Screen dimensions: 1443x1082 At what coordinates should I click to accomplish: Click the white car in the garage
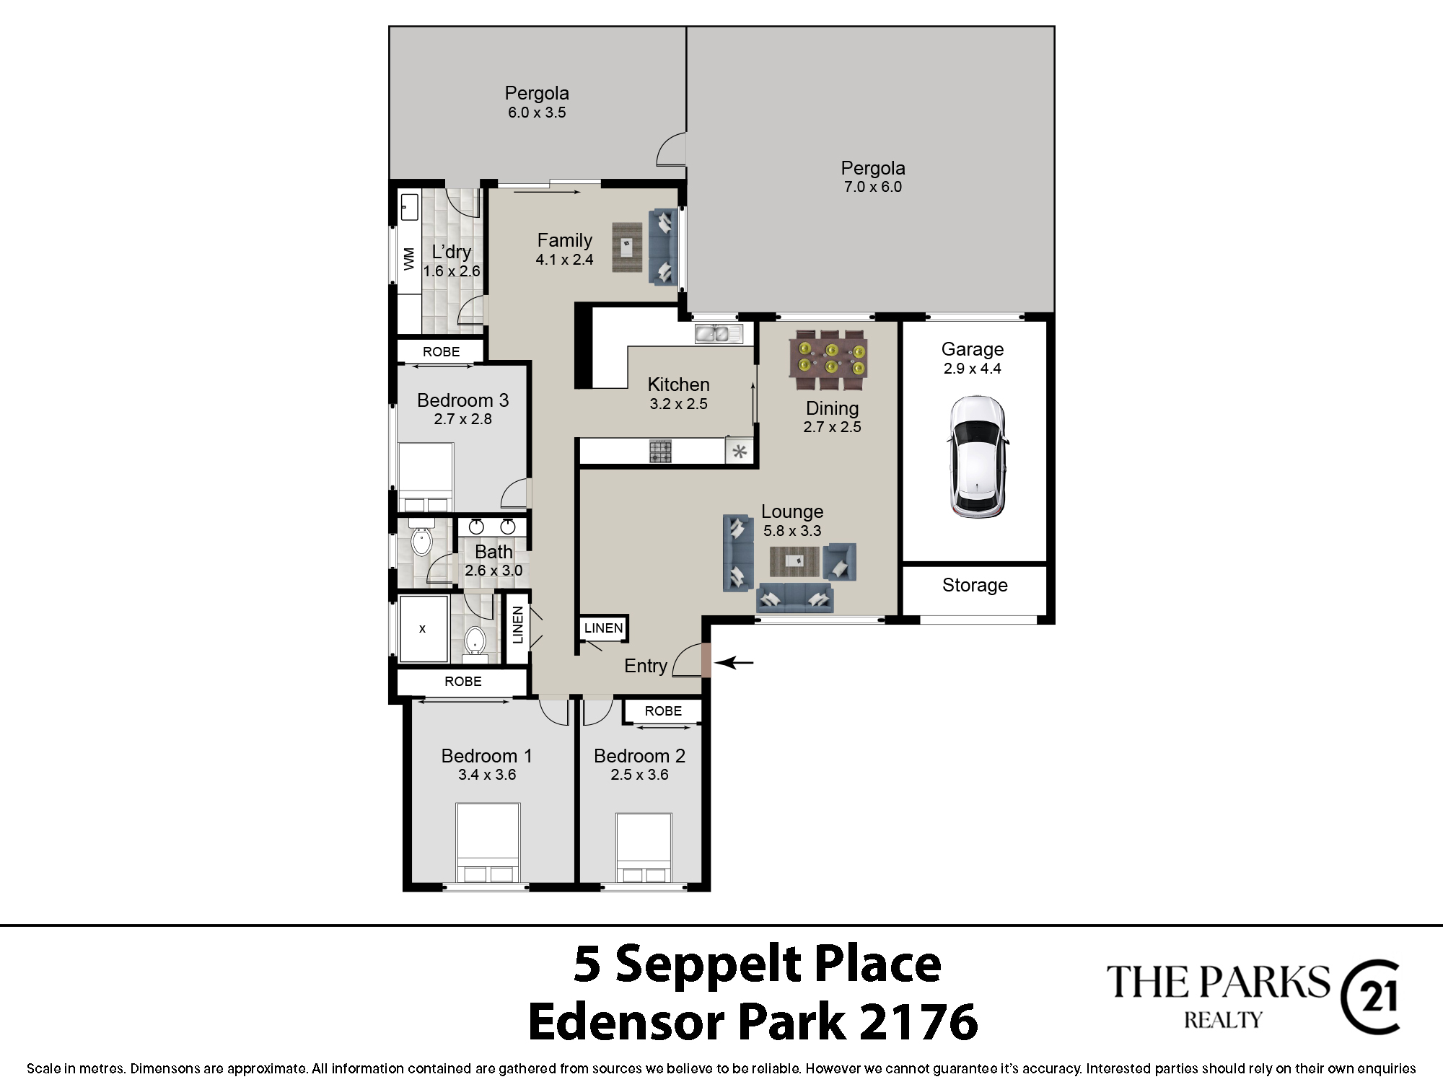click(978, 457)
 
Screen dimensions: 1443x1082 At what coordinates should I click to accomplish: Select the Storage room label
click(975, 585)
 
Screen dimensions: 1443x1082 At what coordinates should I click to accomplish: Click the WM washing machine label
click(409, 258)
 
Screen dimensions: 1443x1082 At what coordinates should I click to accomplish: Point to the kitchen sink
click(719, 333)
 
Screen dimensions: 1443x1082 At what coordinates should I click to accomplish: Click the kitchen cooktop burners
click(660, 452)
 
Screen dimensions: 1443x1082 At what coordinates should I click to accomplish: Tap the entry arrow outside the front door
click(734, 662)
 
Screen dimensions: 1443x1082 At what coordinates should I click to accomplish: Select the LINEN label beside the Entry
click(603, 628)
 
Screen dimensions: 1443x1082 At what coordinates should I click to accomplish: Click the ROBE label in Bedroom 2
click(663, 711)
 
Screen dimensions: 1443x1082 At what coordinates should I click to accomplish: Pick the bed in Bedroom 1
click(488, 843)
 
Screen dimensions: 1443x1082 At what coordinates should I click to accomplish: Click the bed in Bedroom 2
click(644, 848)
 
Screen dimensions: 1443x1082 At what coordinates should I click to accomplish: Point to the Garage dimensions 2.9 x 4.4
click(973, 369)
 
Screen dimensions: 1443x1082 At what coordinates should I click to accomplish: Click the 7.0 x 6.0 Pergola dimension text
click(873, 187)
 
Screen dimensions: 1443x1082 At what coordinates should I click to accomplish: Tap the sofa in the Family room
click(663, 246)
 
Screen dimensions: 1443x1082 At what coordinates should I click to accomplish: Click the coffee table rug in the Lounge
click(794, 562)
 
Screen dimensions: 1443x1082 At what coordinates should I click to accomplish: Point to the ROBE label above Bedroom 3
click(441, 352)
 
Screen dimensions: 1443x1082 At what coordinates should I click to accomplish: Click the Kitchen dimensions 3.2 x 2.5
click(678, 404)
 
